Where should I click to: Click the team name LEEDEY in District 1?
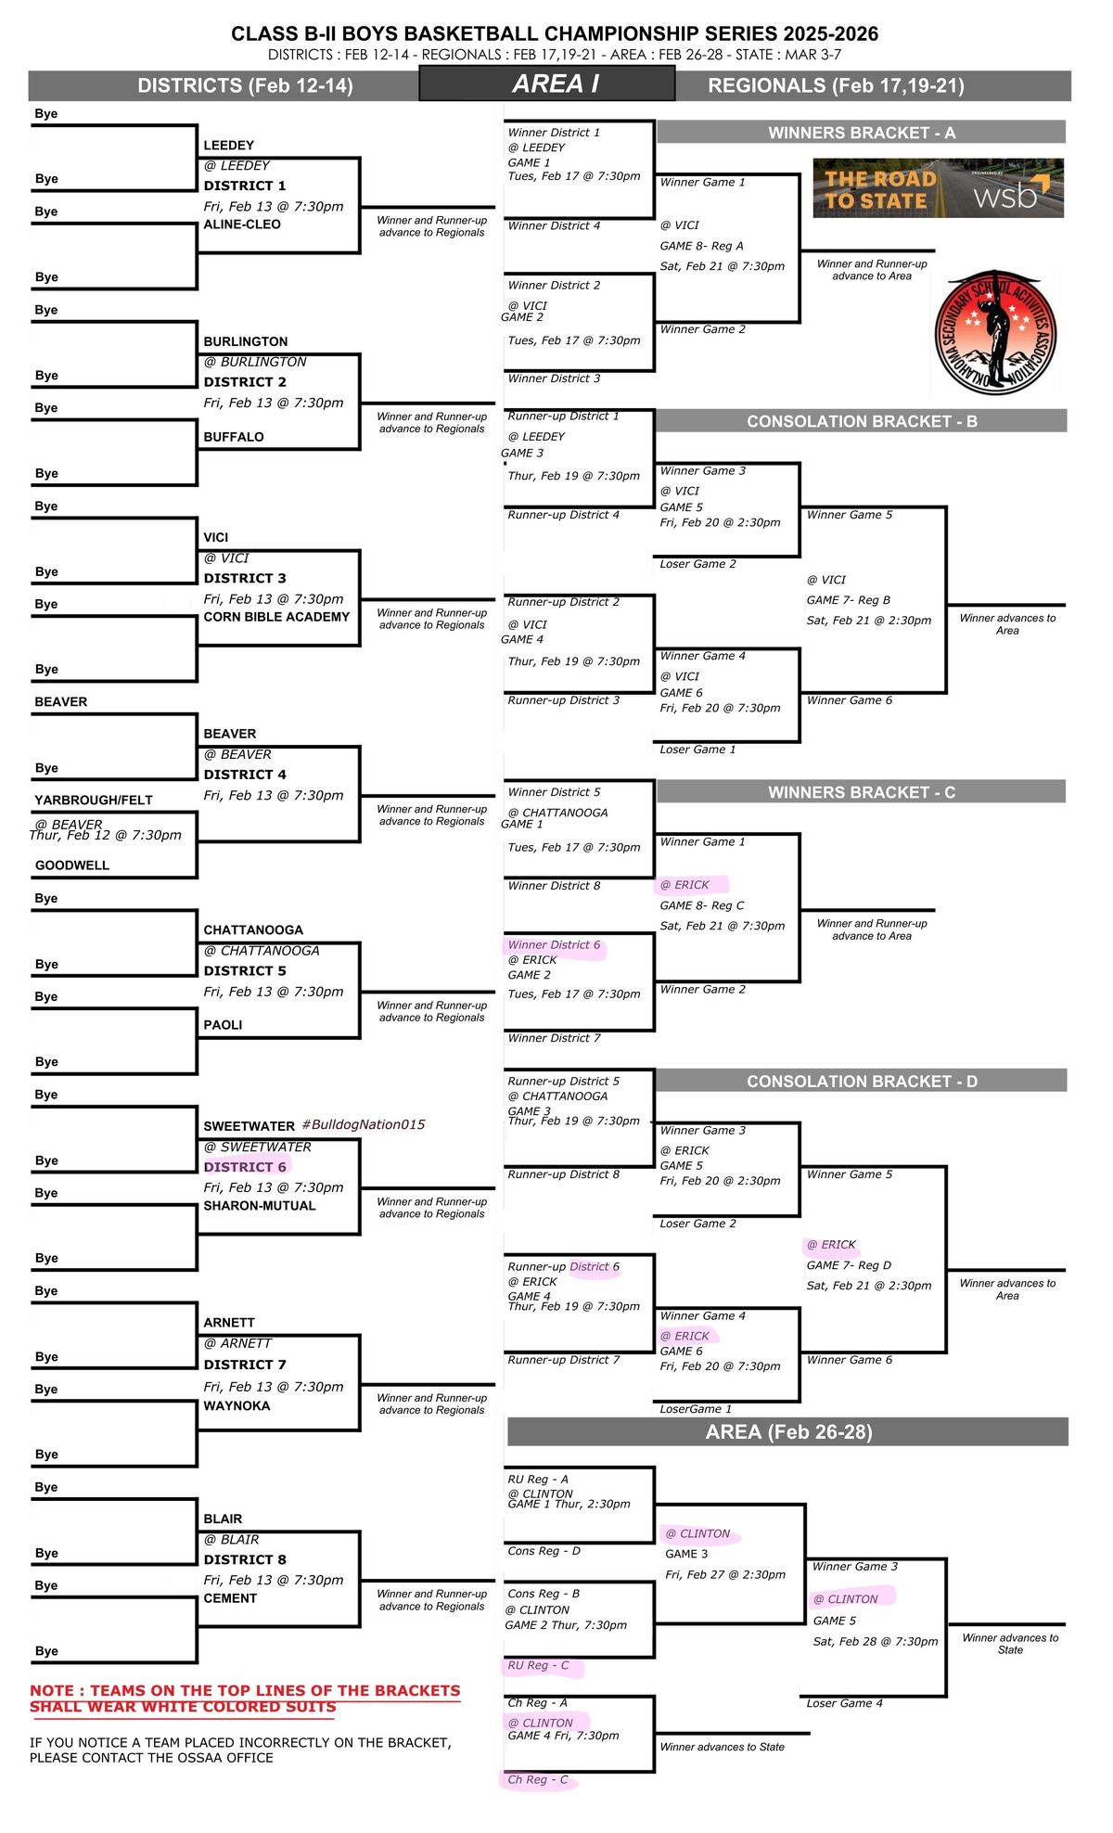pos(228,146)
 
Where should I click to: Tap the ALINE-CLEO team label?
pos(242,224)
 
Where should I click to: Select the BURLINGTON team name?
pos(246,341)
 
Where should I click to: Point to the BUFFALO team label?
pos(234,437)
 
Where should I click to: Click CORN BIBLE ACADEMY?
pos(276,617)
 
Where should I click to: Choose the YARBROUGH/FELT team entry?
pos(94,800)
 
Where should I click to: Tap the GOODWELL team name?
pos(72,865)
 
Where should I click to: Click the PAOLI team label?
pos(223,1025)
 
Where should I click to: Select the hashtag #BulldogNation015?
pos(364,1124)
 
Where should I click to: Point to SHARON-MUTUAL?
pos(260,1206)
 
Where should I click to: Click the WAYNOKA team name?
pos(237,1405)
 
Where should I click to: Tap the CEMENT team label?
pos(230,1598)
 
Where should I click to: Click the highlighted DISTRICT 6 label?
pos(245,1167)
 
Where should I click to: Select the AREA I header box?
pos(547,84)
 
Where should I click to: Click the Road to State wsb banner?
pos(938,188)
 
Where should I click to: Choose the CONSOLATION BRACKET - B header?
pos(862,421)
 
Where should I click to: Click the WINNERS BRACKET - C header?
pos(862,792)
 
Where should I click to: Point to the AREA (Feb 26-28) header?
pos(788,1431)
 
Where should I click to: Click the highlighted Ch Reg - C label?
pos(538,1779)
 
